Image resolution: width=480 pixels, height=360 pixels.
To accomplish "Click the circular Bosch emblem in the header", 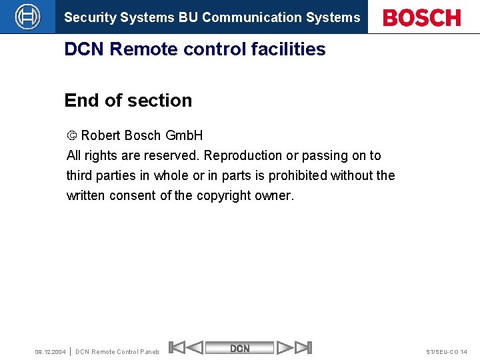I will [x=27, y=17].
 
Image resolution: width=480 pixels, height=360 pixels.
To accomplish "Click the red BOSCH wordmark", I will [x=423, y=17].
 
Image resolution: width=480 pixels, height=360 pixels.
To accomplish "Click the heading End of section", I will [x=128, y=101].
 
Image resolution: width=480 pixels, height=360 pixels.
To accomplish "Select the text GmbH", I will [x=184, y=135].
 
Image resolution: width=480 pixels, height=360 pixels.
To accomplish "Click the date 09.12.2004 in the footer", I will [x=50, y=351].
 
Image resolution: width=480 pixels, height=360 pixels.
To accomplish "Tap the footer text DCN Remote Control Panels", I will [x=118, y=351].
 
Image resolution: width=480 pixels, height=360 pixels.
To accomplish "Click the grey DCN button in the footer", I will [x=240, y=348].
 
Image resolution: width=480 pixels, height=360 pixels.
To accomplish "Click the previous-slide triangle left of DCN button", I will [x=194, y=347].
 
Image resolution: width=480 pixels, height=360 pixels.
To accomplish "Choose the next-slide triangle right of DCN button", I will [x=285, y=347].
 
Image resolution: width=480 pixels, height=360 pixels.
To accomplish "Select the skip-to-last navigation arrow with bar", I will [x=303, y=347].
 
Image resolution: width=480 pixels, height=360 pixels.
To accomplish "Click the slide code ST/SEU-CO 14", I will [x=446, y=351].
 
